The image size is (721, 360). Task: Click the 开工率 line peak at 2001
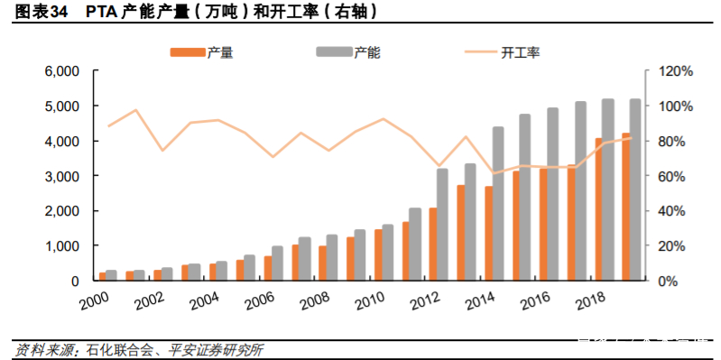coord(135,110)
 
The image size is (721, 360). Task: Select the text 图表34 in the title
coord(34,12)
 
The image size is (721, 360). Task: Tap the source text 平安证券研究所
coord(221,349)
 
